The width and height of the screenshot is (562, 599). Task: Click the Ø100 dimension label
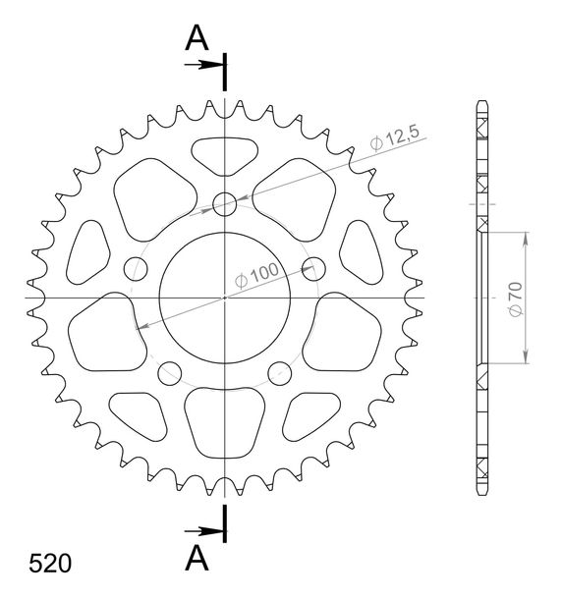[256, 275]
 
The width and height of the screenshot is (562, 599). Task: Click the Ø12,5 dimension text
[395, 137]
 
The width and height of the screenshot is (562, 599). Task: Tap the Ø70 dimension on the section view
[516, 299]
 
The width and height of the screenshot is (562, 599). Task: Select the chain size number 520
[50, 563]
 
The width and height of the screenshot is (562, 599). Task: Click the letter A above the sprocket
[197, 38]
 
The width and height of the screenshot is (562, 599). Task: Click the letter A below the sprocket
[197, 558]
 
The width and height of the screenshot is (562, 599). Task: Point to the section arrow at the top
[203, 65]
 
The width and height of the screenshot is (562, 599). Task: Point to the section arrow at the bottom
[203, 531]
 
